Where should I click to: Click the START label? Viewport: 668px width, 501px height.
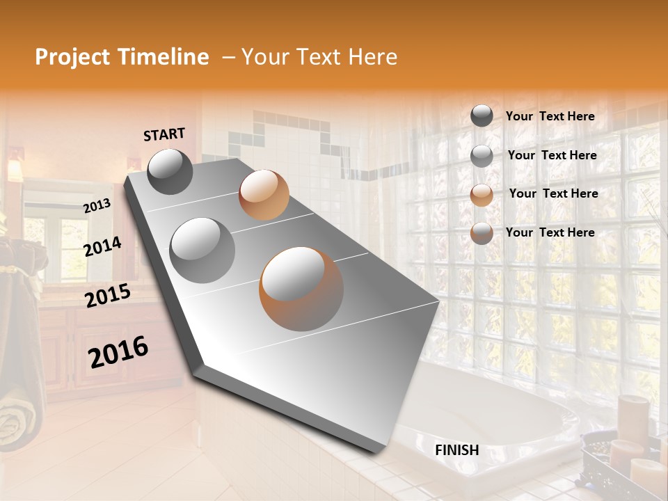point(164,134)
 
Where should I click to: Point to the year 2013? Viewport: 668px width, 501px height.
point(97,206)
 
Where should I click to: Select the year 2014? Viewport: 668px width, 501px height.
point(102,246)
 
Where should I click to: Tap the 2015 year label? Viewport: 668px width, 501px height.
point(107,296)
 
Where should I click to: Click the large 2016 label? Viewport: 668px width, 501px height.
point(118,352)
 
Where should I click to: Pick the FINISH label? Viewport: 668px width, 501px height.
point(456,450)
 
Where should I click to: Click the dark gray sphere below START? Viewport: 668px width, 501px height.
point(170,171)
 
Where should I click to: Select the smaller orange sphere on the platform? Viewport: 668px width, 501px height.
point(264,195)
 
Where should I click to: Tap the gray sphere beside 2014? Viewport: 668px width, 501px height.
point(202,250)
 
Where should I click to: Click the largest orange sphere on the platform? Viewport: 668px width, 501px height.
point(301,288)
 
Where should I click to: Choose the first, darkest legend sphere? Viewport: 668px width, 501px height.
point(482,116)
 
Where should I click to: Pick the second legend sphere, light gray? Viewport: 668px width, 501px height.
point(482,156)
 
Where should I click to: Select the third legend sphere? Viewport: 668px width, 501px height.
point(482,195)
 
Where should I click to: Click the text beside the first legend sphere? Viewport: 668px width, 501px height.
point(550,117)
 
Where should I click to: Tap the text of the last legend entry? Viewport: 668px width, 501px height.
point(550,232)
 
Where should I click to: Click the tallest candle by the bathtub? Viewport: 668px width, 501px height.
point(633,417)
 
